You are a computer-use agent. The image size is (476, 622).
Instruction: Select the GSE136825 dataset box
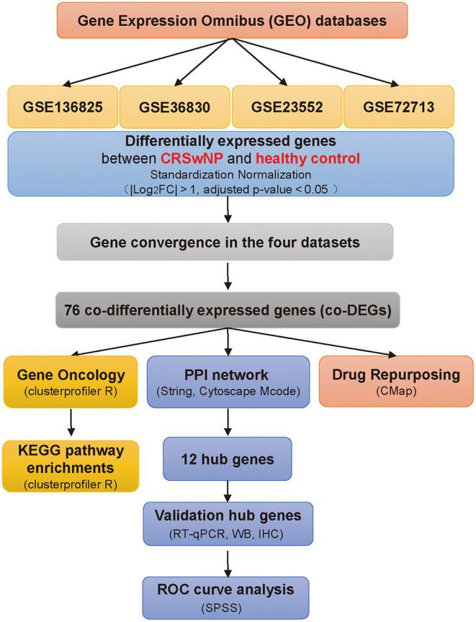tap(60, 107)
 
